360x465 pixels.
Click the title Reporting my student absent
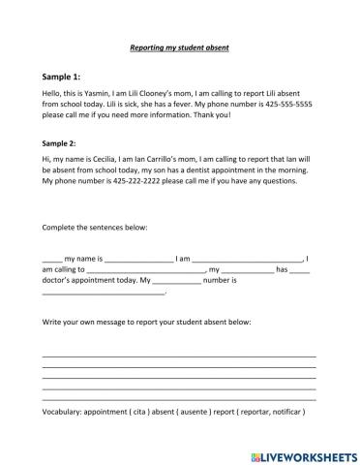pyautogui.click(x=179, y=46)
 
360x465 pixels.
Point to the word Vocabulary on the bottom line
pyautogui.click(x=66, y=411)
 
